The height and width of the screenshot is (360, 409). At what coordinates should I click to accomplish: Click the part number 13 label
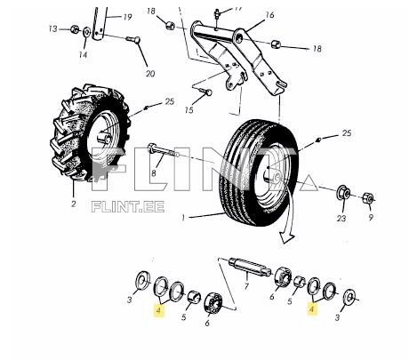point(52,29)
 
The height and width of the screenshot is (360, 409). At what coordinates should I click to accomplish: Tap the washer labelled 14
point(87,32)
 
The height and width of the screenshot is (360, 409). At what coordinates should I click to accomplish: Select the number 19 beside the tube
point(127,17)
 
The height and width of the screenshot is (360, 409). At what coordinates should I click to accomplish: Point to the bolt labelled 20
point(133,39)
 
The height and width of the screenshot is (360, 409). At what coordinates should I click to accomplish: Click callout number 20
point(150,73)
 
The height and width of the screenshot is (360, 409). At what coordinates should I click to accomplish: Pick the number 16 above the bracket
point(269,15)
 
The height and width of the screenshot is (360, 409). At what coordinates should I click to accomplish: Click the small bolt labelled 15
point(204,91)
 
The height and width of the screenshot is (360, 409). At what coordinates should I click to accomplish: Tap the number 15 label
point(188,110)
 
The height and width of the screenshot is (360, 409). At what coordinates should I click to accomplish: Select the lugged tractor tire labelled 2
point(91,132)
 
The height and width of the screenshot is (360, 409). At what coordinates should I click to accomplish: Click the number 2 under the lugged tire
point(73,204)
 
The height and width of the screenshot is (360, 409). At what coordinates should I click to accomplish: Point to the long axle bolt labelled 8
point(164,151)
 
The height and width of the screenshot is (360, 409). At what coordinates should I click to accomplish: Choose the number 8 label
point(154,172)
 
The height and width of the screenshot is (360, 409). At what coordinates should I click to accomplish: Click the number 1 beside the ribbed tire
point(183,218)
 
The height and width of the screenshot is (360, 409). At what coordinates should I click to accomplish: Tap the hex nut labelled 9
point(368,197)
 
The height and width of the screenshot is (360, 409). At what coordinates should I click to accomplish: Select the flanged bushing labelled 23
point(343,193)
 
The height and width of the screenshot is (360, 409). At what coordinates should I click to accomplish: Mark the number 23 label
point(341,219)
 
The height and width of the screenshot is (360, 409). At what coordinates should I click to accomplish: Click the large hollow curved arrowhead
point(286,237)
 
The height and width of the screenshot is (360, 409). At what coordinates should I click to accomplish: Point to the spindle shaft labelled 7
point(250,266)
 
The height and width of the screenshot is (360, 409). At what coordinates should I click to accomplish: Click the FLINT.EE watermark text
point(128,206)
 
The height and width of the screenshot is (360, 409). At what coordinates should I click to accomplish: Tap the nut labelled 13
point(75,29)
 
